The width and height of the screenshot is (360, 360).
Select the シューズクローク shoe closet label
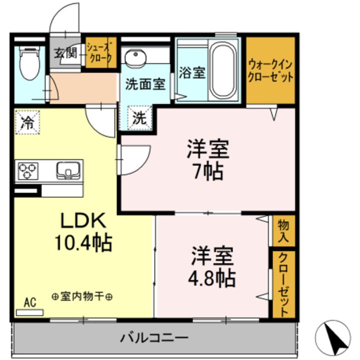100,52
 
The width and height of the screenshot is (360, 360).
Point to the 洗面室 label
145,84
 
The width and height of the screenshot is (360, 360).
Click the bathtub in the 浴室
224,70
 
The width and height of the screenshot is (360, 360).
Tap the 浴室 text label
191,72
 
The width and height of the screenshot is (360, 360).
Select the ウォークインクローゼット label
270,71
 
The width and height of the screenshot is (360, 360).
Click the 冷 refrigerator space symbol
28,122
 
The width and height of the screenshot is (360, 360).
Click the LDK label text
83,219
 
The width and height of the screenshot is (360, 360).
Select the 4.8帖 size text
212,277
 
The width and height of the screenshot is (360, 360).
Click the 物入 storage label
283,230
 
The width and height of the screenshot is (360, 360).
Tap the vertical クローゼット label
283,284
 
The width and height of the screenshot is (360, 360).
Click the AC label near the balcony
30,301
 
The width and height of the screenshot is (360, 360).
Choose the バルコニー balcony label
153,338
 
